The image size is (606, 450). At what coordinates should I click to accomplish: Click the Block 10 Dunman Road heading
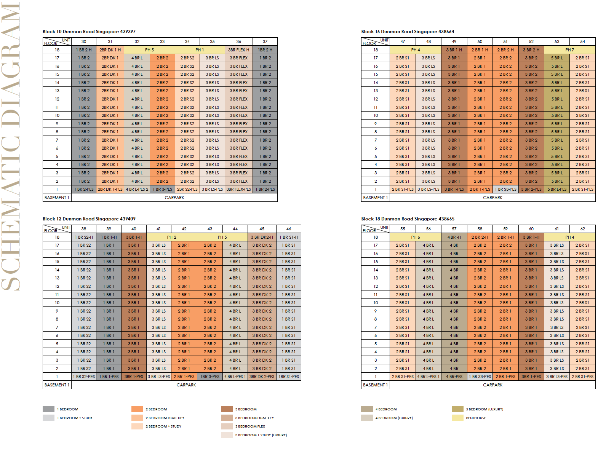coord(89,32)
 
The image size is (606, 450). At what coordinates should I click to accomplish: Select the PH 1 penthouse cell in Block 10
coord(200,50)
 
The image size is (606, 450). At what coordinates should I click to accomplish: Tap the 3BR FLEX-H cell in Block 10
coord(239,50)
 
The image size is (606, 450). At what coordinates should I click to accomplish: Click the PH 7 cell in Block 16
coord(570,50)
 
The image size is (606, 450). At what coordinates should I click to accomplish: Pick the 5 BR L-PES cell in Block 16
coord(557,189)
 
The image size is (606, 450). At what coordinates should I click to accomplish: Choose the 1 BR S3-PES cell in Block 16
coord(505,189)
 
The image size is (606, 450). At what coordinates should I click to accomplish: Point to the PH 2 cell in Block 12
coord(171,237)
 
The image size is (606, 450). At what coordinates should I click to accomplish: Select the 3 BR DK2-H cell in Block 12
coord(262,237)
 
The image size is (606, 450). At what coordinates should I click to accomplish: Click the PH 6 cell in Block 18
coord(415,237)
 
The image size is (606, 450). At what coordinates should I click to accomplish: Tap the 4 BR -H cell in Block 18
coord(454,237)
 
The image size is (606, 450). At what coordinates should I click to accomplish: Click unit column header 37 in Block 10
coord(265,41)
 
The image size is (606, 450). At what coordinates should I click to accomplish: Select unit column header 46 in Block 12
coord(289,229)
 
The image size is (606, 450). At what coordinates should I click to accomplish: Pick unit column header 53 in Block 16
coord(557,41)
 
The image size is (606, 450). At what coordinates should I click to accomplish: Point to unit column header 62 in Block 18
coord(582,229)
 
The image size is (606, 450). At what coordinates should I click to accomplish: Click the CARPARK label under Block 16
coord(492,198)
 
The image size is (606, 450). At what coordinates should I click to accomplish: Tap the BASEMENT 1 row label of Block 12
coord(57,385)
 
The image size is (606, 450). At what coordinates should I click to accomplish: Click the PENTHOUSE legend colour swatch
coord(457,418)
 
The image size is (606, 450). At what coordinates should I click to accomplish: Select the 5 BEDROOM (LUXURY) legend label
coord(485,409)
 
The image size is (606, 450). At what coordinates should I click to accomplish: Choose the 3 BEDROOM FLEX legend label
coord(250,426)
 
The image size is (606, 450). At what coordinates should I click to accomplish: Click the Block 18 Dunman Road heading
coord(408,219)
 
